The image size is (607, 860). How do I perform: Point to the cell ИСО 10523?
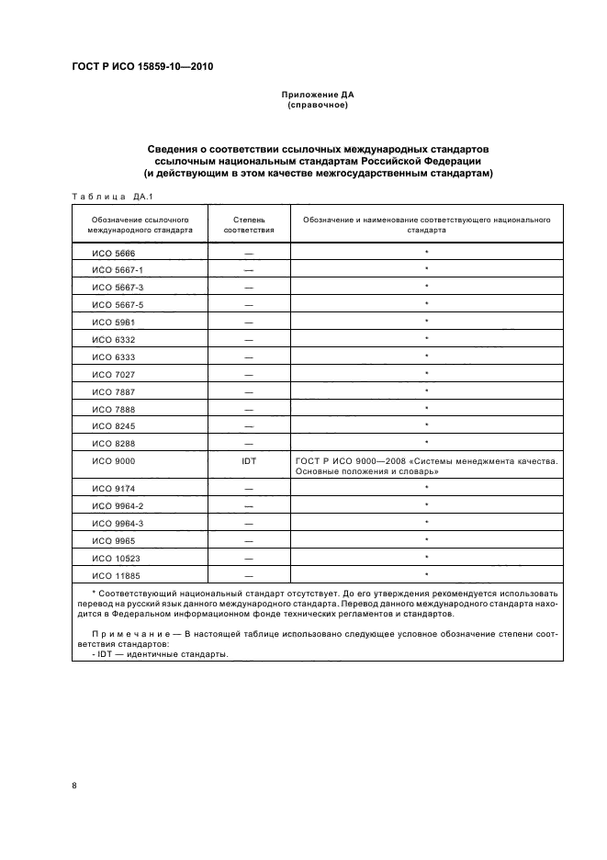click(115, 558)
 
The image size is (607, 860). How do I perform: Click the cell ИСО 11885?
click(115, 575)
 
